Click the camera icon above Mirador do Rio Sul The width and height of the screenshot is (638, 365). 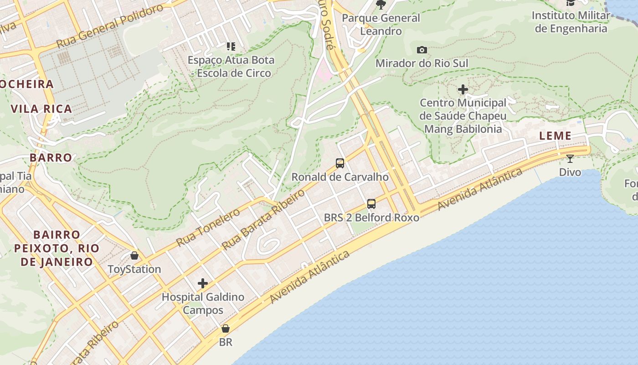pos(422,50)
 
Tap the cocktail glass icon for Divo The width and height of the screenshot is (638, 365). pos(570,159)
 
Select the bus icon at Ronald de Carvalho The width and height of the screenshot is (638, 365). pos(340,163)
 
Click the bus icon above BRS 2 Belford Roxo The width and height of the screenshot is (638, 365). pos(371,203)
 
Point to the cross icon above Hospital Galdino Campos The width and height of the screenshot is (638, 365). pos(203,283)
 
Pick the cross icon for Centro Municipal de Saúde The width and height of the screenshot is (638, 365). pos(463,89)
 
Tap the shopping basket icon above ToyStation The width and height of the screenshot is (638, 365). pos(134,255)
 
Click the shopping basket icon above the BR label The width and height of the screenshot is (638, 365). pos(226,328)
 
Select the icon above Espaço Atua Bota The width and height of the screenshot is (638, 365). pos(231,46)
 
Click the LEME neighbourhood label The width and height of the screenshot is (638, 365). pos(555,136)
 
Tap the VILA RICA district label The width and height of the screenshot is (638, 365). pos(41,109)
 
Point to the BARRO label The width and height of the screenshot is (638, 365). pos(51,157)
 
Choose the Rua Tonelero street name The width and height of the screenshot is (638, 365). pos(208,228)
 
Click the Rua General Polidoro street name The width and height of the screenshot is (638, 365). pos(109,26)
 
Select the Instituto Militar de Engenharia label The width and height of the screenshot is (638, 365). pos(571,22)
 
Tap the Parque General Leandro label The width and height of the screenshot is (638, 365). pos(381,25)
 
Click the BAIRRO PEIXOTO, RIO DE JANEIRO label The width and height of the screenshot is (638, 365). pos(57,248)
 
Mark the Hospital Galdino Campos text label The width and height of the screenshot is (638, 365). pos(203,303)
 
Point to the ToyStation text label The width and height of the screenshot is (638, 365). pos(134,269)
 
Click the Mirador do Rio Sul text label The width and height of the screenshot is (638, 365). pos(422,63)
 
